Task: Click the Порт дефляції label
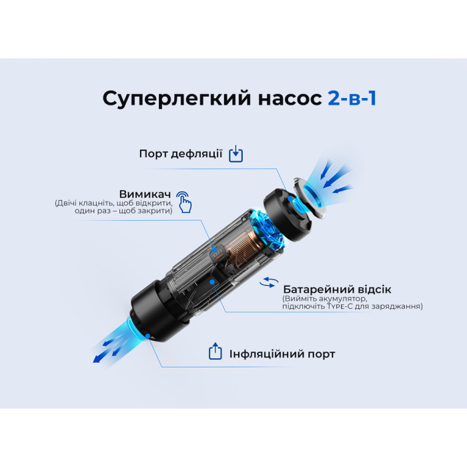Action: [181, 153]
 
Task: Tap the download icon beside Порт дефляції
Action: [236, 154]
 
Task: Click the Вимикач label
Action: [145, 194]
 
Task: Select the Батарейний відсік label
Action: [337, 290]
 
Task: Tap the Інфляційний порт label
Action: [282, 354]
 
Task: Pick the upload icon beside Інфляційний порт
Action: [215, 352]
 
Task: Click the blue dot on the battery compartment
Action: [212, 282]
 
